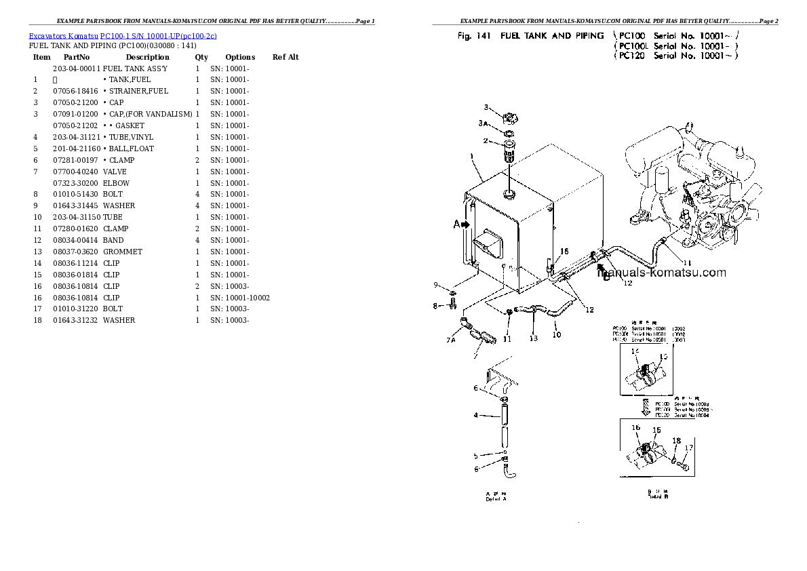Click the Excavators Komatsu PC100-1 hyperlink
coord(123,35)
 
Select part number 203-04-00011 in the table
coord(76,68)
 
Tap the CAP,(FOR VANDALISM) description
coord(148,114)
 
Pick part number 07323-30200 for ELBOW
coord(76,183)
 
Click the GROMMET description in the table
coord(123,252)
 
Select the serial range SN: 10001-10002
coord(240,298)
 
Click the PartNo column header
coord(77,58)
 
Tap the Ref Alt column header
coord(286,58)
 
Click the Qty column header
coord(201,58)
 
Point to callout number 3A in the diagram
coord(483,123)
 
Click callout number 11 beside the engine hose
coord(687,263)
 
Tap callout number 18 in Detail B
coord(676,441)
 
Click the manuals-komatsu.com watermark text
coord(661,273)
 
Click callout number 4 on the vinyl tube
coord(476,415)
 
